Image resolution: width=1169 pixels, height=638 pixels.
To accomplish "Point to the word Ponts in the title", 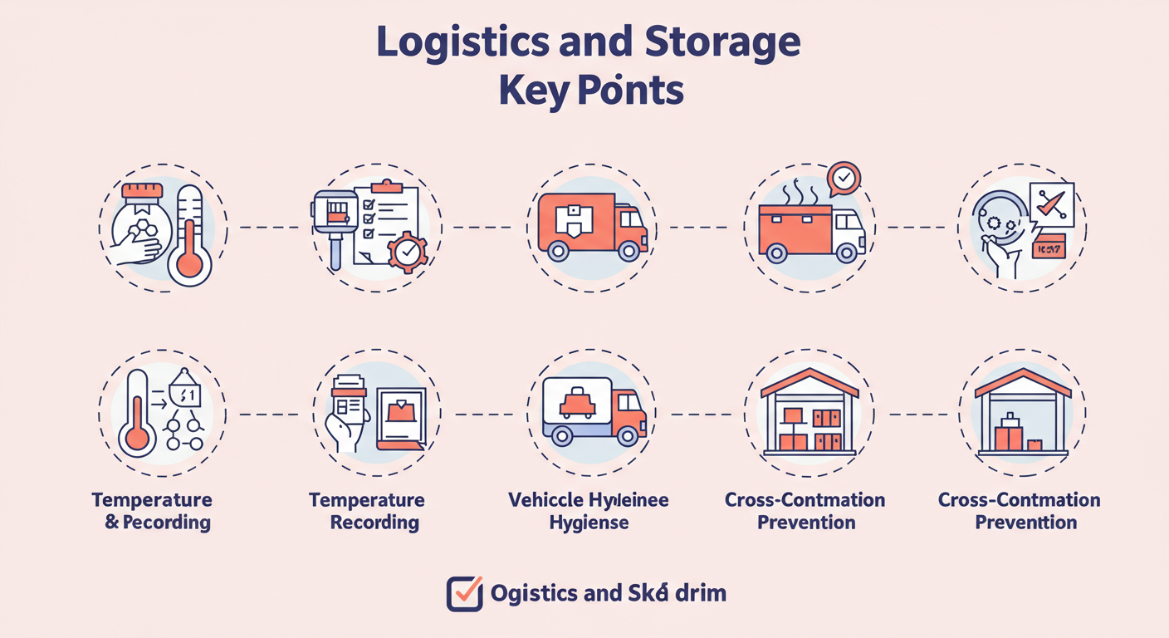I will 630,91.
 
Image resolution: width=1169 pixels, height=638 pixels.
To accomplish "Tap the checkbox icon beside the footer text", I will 464,593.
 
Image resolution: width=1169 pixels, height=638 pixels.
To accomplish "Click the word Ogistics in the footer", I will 534,593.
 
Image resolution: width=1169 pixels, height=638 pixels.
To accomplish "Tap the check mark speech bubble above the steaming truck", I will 844,178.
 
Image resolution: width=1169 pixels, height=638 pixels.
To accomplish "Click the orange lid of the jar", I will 147,191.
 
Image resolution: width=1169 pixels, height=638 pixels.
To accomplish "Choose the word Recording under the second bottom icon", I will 374,523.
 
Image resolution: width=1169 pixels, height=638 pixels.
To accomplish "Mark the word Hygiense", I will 589,523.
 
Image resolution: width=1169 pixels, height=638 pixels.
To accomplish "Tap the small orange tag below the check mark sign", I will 1048,247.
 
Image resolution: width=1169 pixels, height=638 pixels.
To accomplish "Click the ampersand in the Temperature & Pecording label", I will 112,523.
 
